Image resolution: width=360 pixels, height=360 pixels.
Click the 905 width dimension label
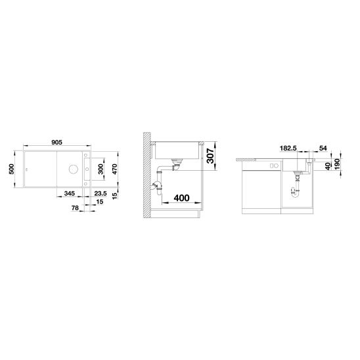click(56, 143)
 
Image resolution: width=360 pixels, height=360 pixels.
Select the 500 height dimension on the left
click(11, 169)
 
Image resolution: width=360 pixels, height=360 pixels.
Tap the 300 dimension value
click(101, 169)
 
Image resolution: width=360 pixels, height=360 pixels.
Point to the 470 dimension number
click(114, 169)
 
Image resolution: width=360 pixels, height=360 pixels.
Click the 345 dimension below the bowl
click(70, 193)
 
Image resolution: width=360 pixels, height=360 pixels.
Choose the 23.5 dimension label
click(101, 193)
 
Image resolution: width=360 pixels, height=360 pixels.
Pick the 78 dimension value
click(75, 208)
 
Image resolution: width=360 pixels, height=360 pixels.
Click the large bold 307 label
click(210, 156)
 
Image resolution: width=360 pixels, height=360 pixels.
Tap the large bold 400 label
click(181, 198)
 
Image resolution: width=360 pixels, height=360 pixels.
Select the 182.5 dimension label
click(288, 148)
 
